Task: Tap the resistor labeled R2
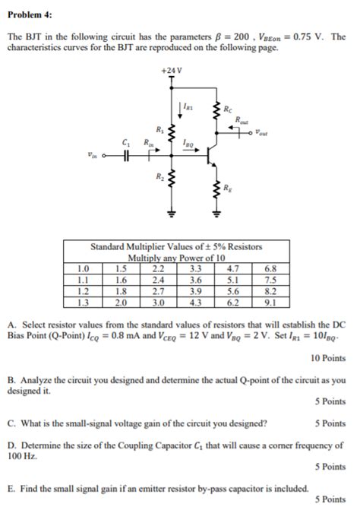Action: pyautogui.click(x=172, y=180)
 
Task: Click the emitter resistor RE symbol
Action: pyautogui.click(x=216, y=192)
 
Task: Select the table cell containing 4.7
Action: pyautogui.click(x=233, y=268)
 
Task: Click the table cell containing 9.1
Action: pyautogui.click(x=270, y=302)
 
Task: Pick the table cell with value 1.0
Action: pyautogui.click(x=84, y=268)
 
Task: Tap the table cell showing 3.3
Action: pyautogui.click(x=195, y=268)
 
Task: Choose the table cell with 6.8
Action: pyautogui.click(x=270, y=268)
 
